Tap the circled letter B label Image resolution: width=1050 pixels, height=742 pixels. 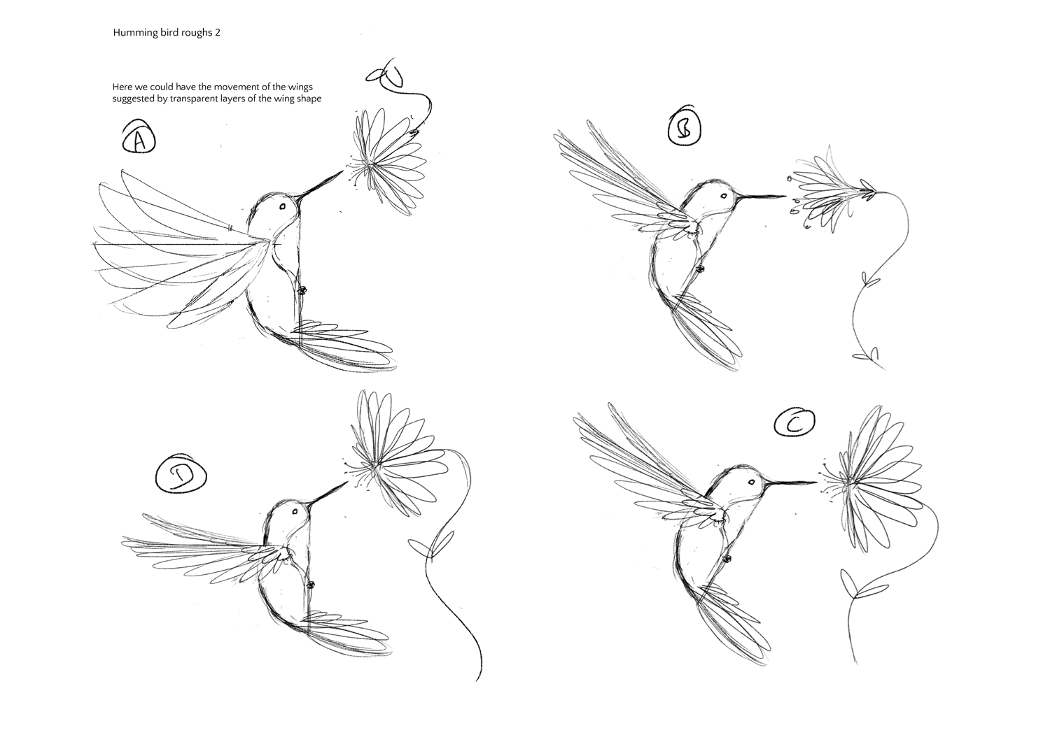tap(685, 129)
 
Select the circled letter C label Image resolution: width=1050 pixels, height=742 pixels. tap(794, 422)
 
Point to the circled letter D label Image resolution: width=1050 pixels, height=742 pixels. tap(181, 476)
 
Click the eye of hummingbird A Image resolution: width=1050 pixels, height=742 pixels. tap(283, 206)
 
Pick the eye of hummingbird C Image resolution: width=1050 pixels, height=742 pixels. tap(751, 482)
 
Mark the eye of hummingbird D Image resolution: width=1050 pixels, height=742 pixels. tap(295, 511)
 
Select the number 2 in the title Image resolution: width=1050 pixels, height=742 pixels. tap(218, 32)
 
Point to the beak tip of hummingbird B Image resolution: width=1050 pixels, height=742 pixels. tap(786, 196)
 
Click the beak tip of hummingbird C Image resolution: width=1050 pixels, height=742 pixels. tap(817, 482)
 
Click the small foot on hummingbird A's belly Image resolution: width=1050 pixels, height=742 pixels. tap(302, 291)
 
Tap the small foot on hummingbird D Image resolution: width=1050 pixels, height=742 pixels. tap(310, 584)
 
